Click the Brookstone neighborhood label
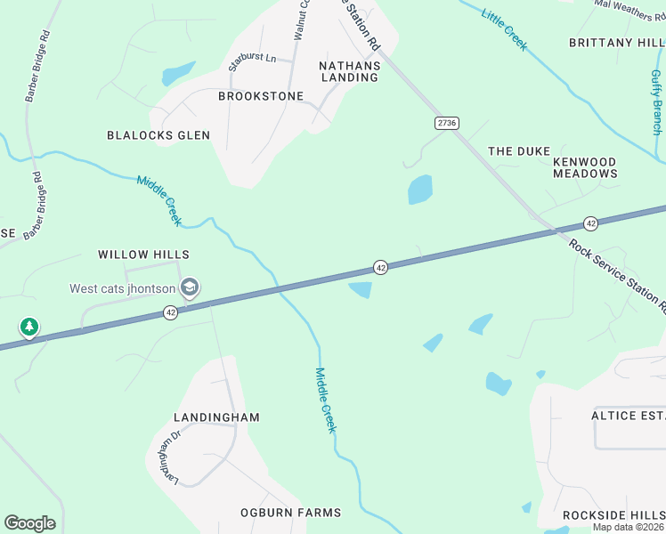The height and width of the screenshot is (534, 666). point(261,96)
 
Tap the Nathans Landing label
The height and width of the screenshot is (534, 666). point(349,71)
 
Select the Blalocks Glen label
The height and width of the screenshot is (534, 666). point(158,135)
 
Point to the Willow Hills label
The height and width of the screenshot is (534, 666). point(144,255)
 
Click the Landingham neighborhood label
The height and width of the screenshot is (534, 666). point(217,417)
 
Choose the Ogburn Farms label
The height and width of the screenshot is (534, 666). point(290,513)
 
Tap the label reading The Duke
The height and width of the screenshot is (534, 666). point(519,151)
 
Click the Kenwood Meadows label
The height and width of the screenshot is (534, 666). point(585,167)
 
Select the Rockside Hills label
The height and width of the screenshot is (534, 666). point(613,516)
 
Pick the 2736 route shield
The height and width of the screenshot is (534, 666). point(447,122)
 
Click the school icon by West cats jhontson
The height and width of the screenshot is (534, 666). point(189,287)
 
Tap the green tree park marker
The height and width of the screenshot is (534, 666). point(29,328)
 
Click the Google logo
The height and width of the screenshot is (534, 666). point(29,523)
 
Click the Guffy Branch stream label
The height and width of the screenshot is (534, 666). point(656,102)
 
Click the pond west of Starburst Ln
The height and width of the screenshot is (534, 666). point(178,72)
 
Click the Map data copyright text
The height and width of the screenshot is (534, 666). point(629,527)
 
